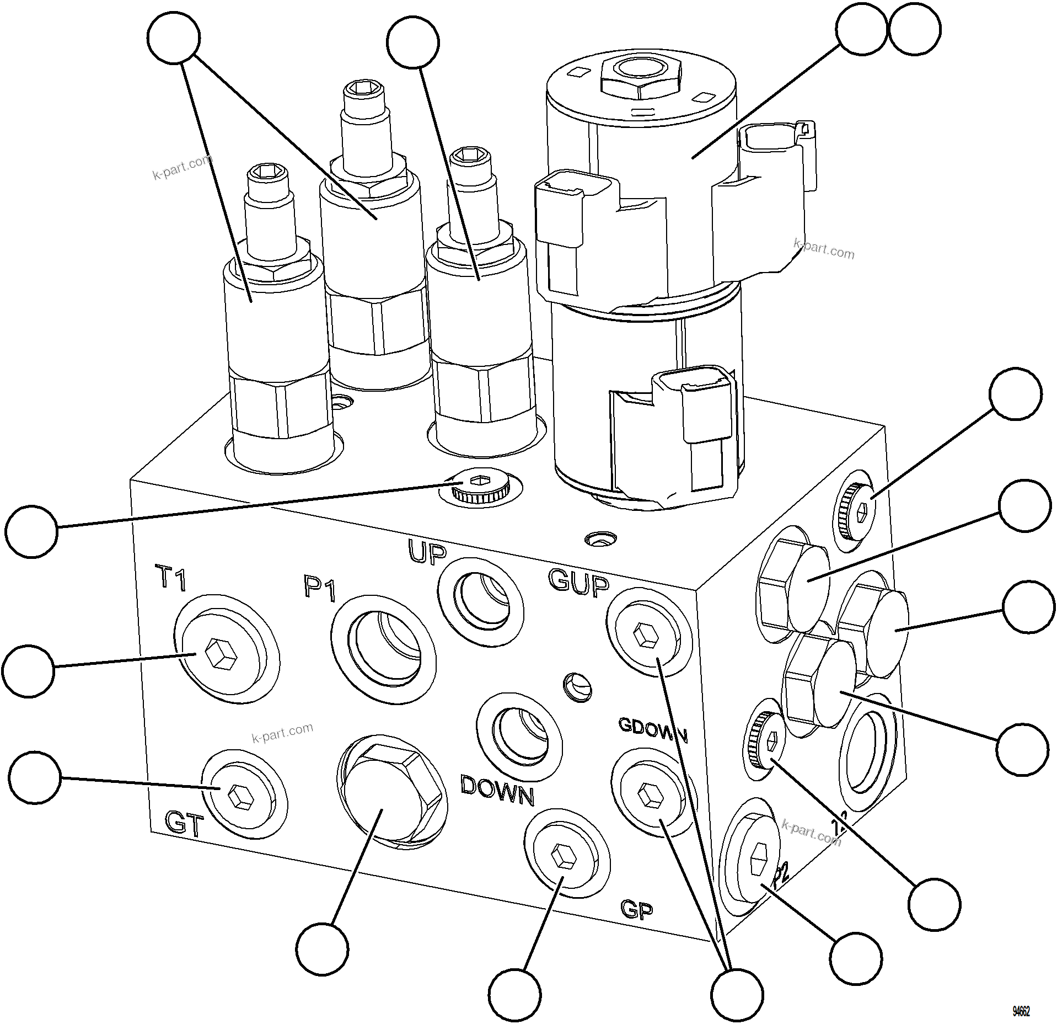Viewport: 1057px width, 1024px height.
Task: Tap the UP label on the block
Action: tap(426, 552)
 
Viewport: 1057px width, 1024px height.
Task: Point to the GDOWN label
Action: tap(653, 731)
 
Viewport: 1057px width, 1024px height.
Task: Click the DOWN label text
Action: tap(497, 791)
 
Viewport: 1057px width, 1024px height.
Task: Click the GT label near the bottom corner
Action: tap(185, 824)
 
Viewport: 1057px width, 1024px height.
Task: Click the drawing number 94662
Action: tap(1021, 1011)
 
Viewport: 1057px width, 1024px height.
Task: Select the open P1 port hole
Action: tap(384, 649)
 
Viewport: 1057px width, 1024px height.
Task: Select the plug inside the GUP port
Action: tap(646, 636)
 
